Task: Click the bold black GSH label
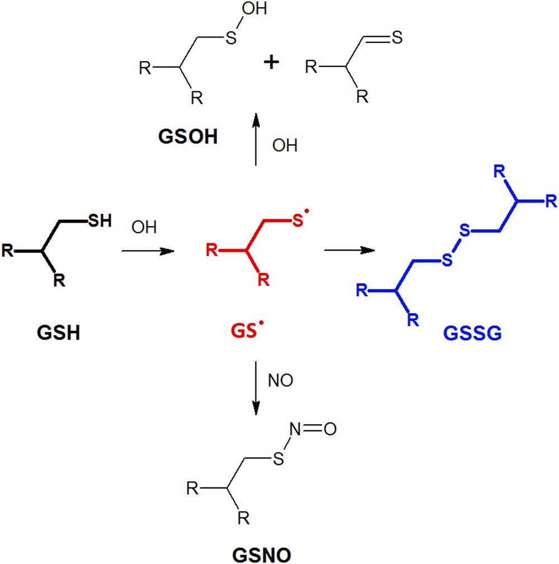58,332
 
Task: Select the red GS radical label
247,330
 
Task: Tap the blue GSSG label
472,333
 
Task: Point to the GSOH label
188,137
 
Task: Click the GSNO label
262,554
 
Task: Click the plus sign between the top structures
271,63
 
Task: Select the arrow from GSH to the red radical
148,251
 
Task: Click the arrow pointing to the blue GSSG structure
349,250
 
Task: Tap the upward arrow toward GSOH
255,139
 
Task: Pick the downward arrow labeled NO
255,388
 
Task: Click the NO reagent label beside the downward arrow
280,380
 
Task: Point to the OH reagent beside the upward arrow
285,145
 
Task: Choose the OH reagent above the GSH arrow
144,227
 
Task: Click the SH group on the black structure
100,220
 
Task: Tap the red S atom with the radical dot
297,220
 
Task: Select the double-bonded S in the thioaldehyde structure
397,37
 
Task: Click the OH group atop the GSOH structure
254,8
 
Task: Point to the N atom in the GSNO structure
295,429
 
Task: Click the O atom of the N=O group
330,429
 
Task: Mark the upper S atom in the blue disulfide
465,230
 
